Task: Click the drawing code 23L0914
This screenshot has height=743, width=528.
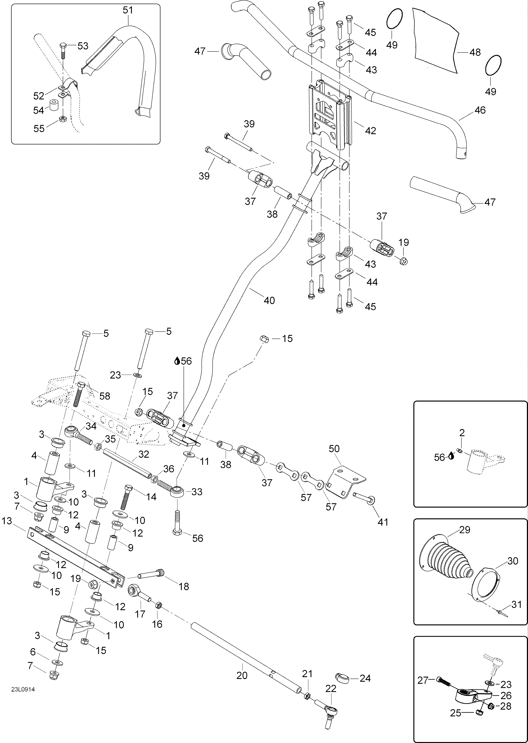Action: [x=23, y=689]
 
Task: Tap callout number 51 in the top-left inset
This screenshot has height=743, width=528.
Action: [x=128, y=10]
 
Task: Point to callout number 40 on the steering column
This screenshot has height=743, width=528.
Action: [x=269, y=300]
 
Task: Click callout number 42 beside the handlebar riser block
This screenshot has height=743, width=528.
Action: [x=371, y=131]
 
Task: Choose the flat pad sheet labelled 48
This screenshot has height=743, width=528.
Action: [x=436, y=39]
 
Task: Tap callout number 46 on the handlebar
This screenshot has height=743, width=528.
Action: [x=480, y=110]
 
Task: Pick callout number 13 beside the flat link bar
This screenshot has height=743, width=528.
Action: [x=7, y=521]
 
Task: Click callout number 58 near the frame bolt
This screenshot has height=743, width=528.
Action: [x=105, y=396]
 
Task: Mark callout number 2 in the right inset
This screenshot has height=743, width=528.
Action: [x=462, y=433]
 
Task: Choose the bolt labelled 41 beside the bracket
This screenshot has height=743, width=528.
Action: [x=364, y=497]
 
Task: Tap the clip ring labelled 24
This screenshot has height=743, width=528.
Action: [x=342, y=679]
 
